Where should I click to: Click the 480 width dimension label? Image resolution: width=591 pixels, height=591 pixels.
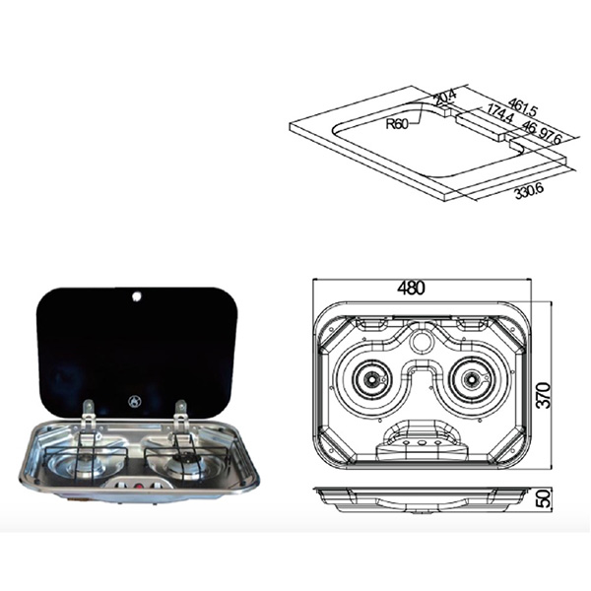tap(411, 288)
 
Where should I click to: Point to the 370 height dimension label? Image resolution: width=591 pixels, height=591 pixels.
tap(544, 395)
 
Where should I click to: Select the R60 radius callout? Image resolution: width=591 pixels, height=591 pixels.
tap(397, 124)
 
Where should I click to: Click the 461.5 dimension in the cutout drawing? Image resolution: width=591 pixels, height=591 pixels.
tap(522, 107)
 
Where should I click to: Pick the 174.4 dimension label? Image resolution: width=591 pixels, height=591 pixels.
tap(500, 113)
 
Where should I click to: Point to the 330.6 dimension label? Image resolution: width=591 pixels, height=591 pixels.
tap(529, 191)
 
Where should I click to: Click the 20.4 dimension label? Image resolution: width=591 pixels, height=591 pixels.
tap(445, 97)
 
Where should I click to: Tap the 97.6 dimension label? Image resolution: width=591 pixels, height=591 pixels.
tap(551, 135)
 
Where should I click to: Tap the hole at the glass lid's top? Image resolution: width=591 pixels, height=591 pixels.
tap(136, 296)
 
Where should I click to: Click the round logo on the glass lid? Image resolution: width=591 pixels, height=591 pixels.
tap(134, 402)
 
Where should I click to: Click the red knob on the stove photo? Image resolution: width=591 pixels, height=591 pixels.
tap(140, 486)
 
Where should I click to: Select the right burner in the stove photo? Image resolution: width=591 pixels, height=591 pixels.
tap(181, 463)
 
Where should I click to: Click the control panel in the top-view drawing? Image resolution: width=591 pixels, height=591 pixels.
tap(422, 440)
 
